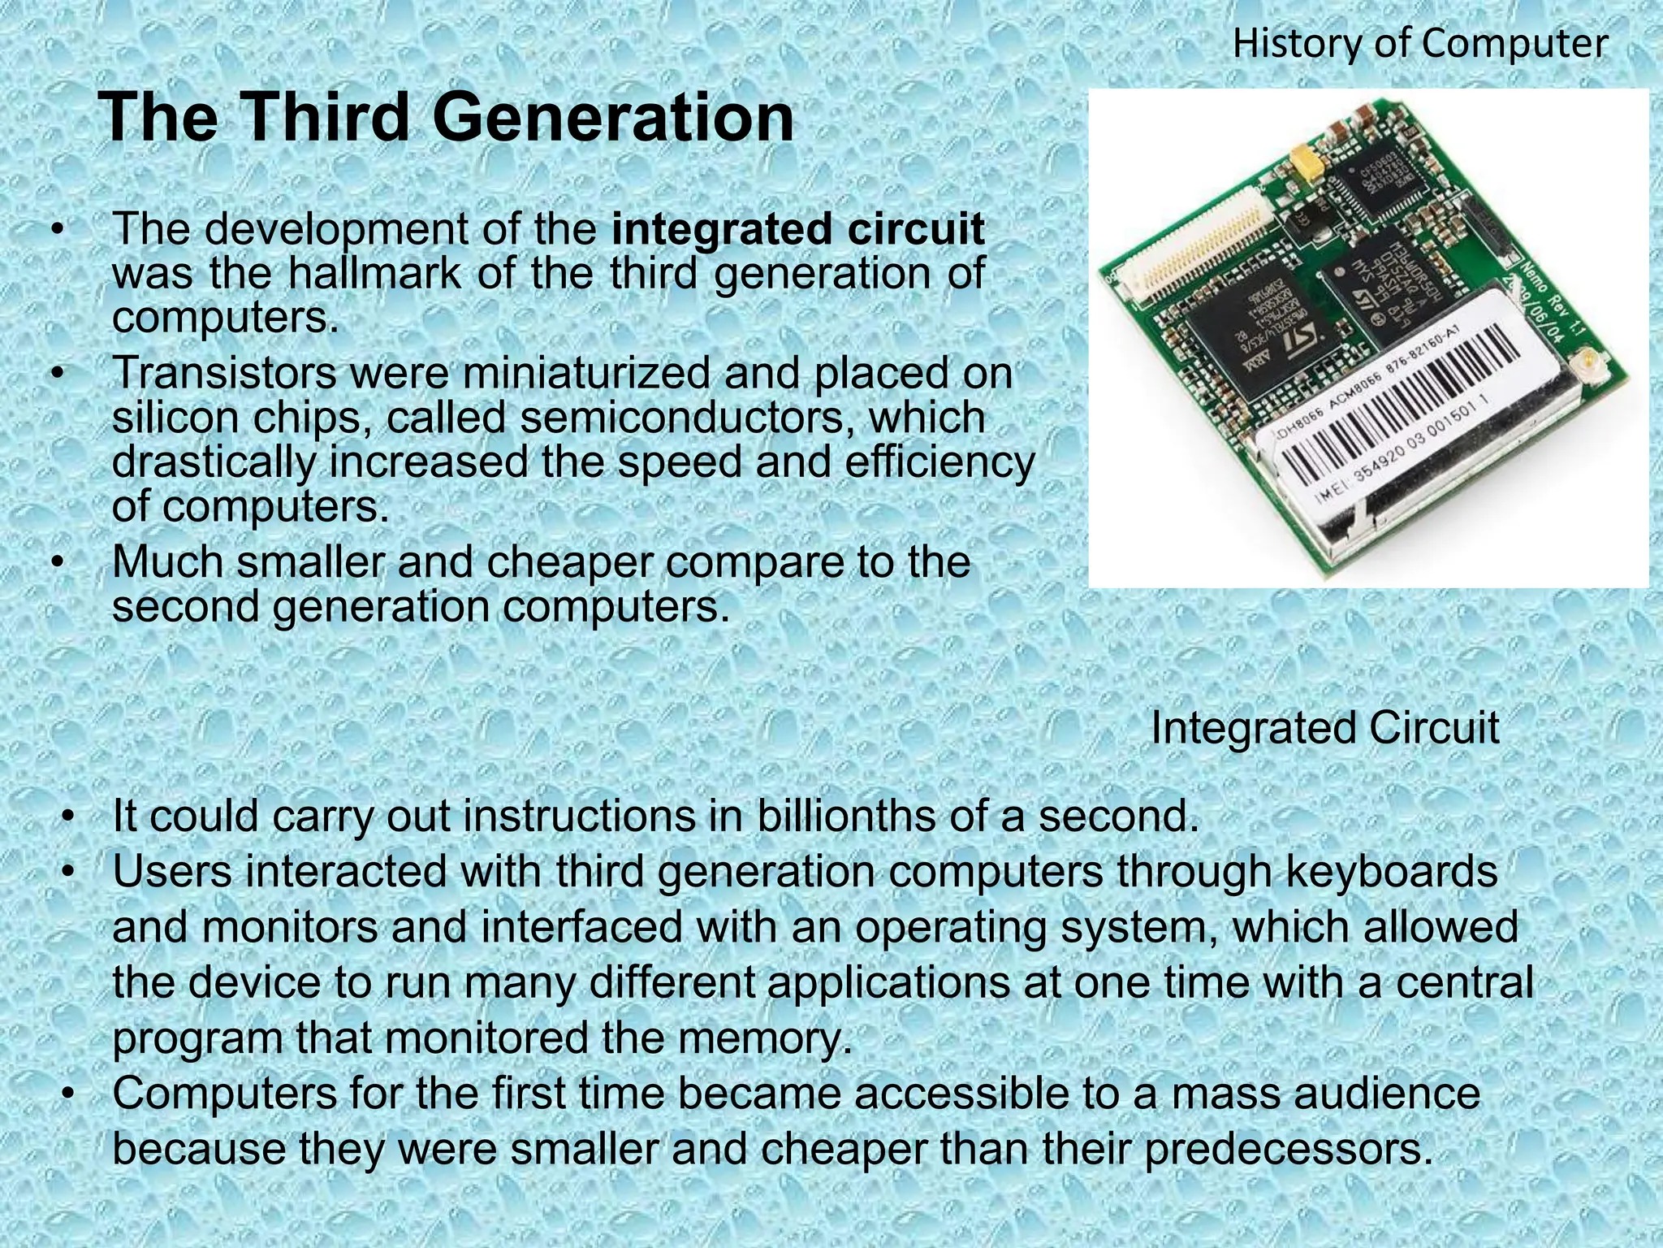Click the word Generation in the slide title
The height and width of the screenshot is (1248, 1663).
[613, 118]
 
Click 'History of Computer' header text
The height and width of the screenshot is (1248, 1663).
[1419, 43]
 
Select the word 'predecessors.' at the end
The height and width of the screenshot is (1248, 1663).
[1289, 1149]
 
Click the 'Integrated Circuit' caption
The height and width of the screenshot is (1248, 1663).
[1324, 728]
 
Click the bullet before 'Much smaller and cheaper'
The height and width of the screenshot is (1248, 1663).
[56, 562]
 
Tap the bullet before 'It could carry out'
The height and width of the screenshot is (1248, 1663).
[70, 816]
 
